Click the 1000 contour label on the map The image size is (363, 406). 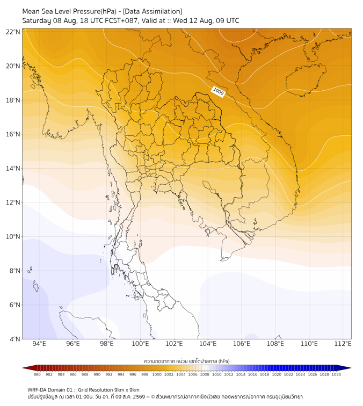(x=218, y=92)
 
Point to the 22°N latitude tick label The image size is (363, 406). (x=13, y=32)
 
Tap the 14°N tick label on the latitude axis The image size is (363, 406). (x=13, y=168)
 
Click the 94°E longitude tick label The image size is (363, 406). (x=39, y=344)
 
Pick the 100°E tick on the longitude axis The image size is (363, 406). (x=140, y=344)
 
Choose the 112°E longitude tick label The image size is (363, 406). (x=343, y=344)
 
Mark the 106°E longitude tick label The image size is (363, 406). (x=242, y=344)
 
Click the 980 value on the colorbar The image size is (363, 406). (x=37, y=374)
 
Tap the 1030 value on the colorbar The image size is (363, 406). (x=336, y=374)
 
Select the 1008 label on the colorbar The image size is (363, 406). (x=205, y=374)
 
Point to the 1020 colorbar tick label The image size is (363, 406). (x=277, y=374)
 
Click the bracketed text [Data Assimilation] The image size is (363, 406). (x=153, y=11)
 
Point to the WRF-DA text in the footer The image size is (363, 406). (x=37, y=390)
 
